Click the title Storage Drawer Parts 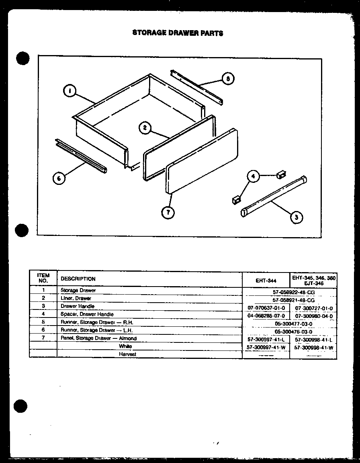178,33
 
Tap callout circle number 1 70,92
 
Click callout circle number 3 296,217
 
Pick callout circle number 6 59,179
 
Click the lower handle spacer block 236,199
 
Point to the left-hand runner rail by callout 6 80,156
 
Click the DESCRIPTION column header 78,279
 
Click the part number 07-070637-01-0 266,308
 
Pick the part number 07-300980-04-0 313,316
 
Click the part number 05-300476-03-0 293,332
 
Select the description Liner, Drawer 76,298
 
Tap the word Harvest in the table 127,354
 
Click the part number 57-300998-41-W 314,348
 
